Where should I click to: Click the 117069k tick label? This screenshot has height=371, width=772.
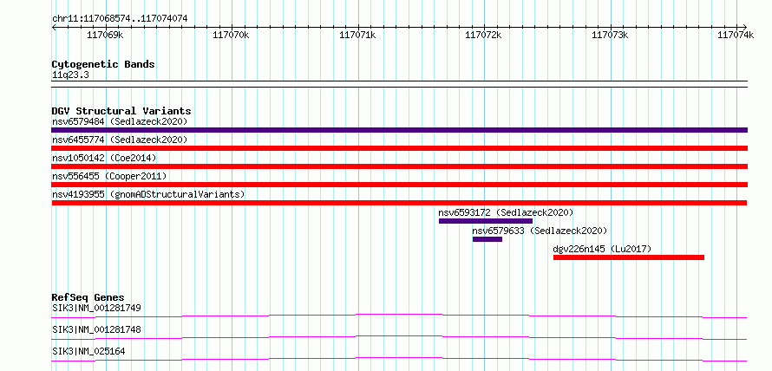(105, 35)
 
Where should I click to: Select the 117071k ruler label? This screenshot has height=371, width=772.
(358, 35)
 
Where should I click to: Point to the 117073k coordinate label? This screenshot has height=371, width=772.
(610, 35)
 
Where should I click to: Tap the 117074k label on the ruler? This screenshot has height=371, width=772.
(736, 35)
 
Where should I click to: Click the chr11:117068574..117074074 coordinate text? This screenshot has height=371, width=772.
(120, 19)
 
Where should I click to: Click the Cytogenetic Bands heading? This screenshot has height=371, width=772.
(103, 64)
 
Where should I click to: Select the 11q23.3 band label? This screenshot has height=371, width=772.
(70, 75)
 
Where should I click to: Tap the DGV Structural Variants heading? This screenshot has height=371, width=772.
(121, 111)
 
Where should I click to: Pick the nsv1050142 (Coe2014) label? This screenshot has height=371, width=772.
(104, 158)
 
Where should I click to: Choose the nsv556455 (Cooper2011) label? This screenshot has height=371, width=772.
(109, 176)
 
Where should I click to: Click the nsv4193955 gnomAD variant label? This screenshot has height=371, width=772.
(148, 194)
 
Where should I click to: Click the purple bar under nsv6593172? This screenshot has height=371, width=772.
(486, 221)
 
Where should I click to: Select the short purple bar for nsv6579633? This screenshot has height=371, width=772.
(487, 239)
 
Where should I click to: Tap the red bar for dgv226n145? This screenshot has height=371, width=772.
(629, 257)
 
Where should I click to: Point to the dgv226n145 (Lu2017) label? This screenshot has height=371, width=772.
(602, 249)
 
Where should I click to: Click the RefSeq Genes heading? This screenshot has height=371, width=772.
(88, 297)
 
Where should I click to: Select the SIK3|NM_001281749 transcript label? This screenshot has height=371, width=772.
(96, 309)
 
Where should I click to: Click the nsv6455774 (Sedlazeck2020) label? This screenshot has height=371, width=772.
(120, 140)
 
